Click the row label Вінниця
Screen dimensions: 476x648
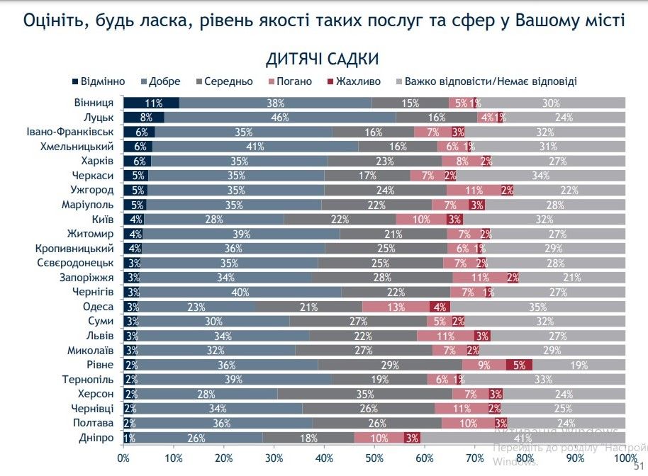(x=94, y=103)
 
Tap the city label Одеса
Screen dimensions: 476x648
(x=99, y=307)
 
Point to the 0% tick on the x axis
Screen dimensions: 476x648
(x=124, y=458)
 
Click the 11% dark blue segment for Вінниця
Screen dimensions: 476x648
(x=151, y=103)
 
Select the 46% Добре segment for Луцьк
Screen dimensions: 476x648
(x=279, y=118)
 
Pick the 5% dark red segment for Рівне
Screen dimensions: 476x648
(x=519, y=365)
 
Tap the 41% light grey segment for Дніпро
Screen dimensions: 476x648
(x=523, y=438)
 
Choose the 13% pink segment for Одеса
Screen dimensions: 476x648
(x=396, y=307)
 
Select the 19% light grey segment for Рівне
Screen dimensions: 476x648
(x=579, y=365)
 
